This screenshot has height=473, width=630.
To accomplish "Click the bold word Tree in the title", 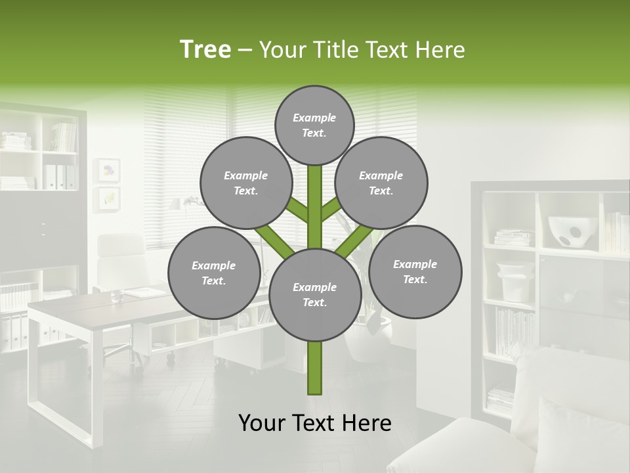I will click(x=205, y=50).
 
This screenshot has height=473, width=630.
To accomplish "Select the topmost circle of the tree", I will click(x=314, y=125).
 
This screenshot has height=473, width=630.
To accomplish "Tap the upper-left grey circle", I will click(x=245, y=183).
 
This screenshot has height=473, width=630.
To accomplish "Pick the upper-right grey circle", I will click(x=381, y=183).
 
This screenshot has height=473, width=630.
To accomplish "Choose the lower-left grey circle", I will click(x=214, y=273).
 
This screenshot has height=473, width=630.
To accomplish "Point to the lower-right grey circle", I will click(x=415, y=271).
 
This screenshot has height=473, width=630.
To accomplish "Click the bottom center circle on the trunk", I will click(x=315, y=294).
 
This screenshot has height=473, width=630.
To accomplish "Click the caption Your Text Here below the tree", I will click(x=315, y=423).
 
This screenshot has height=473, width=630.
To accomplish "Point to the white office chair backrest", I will click(x=122, y=253).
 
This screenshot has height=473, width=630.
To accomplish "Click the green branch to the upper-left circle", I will click(x=298, y=210).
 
